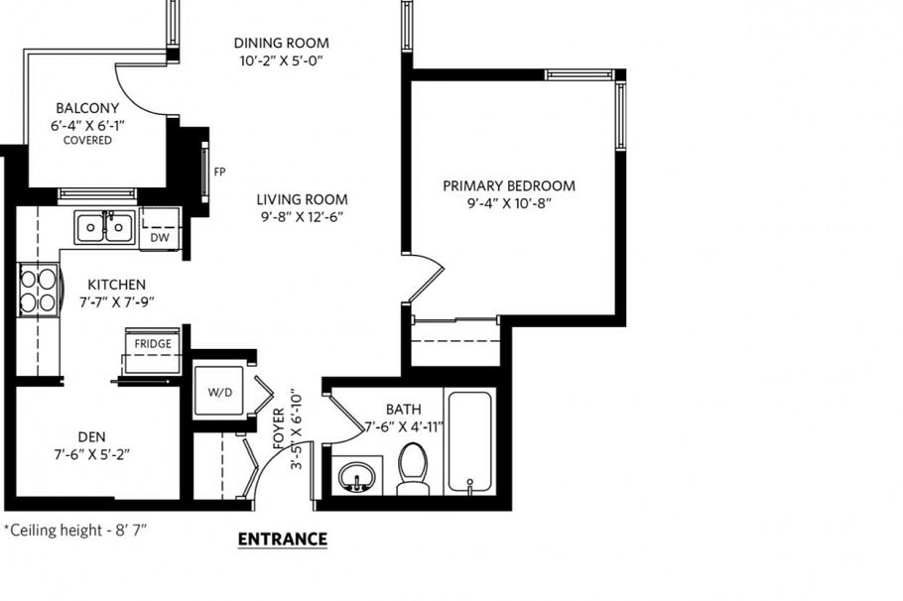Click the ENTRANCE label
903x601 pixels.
tap(283, 540)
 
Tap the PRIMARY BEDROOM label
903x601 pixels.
tap(509, 185)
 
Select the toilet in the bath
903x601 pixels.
tap(413, 469)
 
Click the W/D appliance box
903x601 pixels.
tap(219, 392)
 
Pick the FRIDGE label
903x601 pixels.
tap(153, 344)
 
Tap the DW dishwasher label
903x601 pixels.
tap(159, 237)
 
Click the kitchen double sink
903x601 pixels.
tap(104, 228)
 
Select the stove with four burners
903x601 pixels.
tap(38, 290)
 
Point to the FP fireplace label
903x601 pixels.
tap(219, 171)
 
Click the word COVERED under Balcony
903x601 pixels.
tap(87, 141)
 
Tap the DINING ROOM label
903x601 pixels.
tap(281, 43)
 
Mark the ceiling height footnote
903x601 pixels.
tap(75, 531)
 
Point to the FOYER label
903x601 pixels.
tap(279, 426)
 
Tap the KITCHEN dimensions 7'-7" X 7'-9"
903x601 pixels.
tap(117, 301)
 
